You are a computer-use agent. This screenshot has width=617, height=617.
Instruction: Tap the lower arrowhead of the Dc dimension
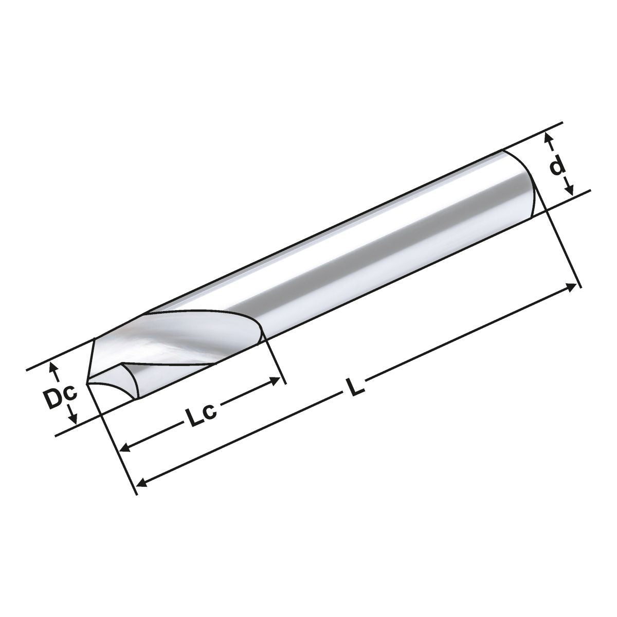[x=75, y=420]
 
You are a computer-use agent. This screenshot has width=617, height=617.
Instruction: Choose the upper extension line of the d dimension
[x=535, y=136]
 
